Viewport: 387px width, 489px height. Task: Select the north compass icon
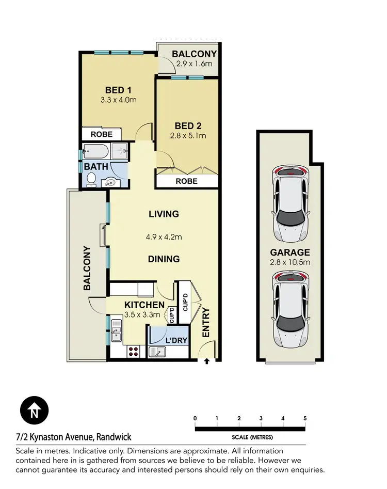click(34, 411)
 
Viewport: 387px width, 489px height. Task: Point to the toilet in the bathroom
click(92, 179)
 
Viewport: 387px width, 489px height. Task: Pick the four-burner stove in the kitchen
click(133, 351)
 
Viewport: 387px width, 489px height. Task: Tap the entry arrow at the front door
click(207, 361)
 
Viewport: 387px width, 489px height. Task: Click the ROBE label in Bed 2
click(186, 181)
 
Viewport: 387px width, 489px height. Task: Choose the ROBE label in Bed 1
click(102, 134)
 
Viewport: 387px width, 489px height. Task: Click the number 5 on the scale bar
click(305, 418)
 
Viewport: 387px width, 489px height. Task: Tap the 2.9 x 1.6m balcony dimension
click(194, 64)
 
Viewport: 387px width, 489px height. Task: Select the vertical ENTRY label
click(206, 323)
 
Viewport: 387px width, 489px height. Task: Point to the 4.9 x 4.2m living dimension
click(164, 237)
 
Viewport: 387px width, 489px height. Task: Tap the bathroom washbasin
click(110, 181)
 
